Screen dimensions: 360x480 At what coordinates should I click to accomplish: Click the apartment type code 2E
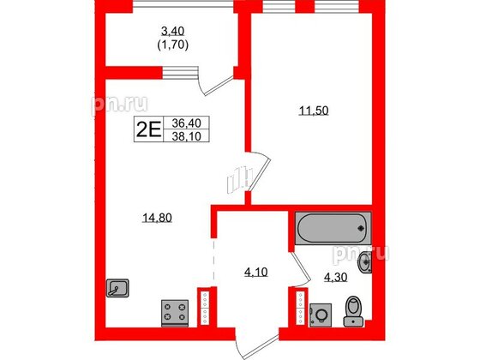click(x=148, y=129)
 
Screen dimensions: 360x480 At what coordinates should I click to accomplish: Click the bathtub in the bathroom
click(x=333, y=228)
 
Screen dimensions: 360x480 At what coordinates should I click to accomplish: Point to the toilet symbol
click(x=351, y=310)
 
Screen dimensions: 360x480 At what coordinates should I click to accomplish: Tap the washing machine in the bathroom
click(x=321, y=314)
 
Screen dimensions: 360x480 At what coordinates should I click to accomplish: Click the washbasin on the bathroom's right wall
click(x=367, y=262)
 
